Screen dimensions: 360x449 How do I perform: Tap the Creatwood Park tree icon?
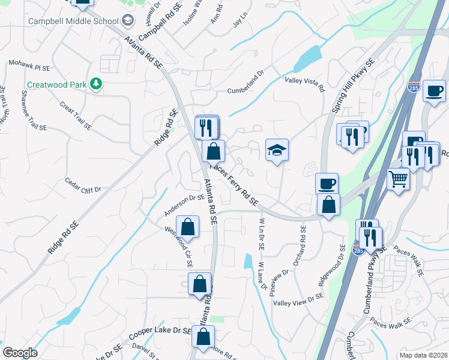coord(95,83)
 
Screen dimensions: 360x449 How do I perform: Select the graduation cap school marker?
coord(277,149)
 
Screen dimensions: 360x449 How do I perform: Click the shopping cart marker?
coord(399,178)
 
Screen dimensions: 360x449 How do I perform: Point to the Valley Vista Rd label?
coord(304,84)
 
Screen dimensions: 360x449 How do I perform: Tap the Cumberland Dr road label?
coord(245,91)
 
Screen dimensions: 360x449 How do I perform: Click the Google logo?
coord(20,352)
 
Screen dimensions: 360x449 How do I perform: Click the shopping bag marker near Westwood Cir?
coord(188,227)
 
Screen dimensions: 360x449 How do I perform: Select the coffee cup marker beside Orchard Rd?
coord(327,183)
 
